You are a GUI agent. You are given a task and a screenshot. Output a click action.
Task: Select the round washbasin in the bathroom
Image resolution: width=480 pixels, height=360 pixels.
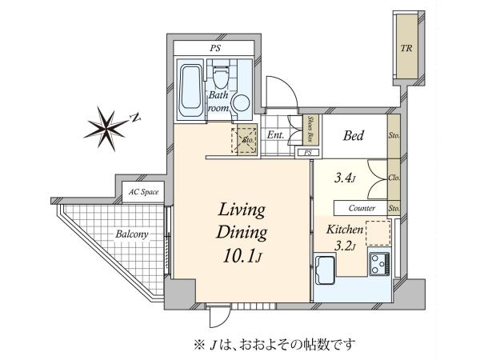click(x=241, y=103)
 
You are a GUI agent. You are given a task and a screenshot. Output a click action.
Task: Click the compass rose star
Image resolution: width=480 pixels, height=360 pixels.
click(x=106, y=129)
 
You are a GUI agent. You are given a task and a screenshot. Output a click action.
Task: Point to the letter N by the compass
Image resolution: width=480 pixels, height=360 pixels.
click(x=135, y=118)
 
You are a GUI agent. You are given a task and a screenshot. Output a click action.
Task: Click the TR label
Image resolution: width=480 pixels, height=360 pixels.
click(x=406, y=48)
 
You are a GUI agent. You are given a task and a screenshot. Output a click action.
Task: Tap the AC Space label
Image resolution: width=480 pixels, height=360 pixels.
click(x=143, y=192)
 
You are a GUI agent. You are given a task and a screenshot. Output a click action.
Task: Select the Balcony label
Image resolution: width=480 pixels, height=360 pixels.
click(x=132, y=234)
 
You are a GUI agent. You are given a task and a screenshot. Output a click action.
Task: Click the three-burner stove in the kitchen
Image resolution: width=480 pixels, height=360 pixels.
click(x=380, y=264)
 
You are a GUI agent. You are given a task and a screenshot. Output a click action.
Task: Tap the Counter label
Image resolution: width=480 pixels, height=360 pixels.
click(x=362, y=209)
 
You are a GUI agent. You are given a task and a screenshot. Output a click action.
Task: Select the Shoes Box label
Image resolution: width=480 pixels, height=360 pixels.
click(x=310, y=129)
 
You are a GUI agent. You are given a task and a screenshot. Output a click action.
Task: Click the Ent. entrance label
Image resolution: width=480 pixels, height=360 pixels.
click(x=275, y=134)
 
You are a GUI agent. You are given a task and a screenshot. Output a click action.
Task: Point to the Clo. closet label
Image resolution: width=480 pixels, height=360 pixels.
click(x=394, y=178)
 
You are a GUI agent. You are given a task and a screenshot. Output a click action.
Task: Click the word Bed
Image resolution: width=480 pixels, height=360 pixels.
click(x=354, y=135)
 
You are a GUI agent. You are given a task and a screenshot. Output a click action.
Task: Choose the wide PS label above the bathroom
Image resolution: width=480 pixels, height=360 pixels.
click(x=215, y=48)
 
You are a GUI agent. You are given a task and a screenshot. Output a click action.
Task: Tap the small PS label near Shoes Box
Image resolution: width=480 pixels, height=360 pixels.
click(x=308, y=153)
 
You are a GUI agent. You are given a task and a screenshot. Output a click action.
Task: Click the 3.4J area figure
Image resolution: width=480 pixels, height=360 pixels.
click(x=345, y=178)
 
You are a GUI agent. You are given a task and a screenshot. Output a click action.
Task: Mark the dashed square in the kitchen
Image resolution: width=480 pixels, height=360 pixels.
click(x=378, y=233)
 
